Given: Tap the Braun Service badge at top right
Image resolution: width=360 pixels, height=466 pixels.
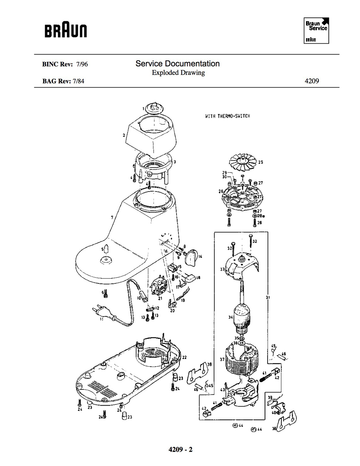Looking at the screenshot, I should tap(316, 31).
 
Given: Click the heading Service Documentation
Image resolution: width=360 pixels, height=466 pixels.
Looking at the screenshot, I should tap(178, 64).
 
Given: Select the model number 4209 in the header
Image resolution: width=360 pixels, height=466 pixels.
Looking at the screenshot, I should tap(312, 81).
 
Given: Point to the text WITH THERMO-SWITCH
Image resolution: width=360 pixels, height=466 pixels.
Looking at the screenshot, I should tap(228, 116).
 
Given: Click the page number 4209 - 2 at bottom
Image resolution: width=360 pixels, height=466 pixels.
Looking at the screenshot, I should tap(180, 449).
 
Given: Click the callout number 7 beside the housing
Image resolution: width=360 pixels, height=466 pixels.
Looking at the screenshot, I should tap(112, 217).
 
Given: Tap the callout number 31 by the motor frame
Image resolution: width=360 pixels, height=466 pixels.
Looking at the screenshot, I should tap(268, 297).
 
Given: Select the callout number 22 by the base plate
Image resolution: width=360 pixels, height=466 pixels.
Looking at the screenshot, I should tap(184, 357).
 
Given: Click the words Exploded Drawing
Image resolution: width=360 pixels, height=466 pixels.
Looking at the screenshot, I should tap(178, 73).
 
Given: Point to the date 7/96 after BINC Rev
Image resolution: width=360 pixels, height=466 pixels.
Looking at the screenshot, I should tap(82, 64).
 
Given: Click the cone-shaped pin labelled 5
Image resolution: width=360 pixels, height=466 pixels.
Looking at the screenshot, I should tap(106, 249).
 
